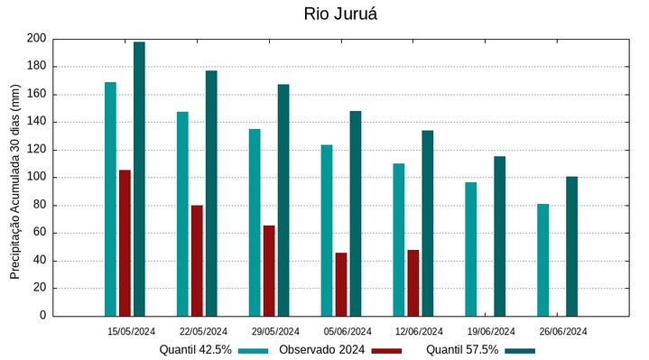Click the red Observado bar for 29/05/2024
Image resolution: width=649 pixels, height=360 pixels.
(x=269, y=270)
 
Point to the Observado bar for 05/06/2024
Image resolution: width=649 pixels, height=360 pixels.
(x=341, y=283)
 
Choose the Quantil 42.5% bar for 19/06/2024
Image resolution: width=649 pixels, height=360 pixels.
(x=470, y=248)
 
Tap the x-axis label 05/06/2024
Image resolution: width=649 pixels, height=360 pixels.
(x=348, y=331)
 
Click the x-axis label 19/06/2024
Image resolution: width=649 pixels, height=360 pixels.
(x=492, y=331)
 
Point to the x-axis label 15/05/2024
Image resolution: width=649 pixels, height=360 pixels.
(x=132, y=331)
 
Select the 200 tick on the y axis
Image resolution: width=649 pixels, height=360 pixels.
(x=36, y=39)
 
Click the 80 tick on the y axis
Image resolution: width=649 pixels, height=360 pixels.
(x=40, y=205)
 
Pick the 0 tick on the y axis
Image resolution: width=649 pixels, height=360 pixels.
(x=42, y=316)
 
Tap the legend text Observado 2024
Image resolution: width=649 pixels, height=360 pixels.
(x=321, y=350)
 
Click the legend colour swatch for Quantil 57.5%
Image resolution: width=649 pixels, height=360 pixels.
(x=520, y=350)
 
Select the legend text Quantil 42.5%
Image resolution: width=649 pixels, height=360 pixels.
(x=196, y=350)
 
